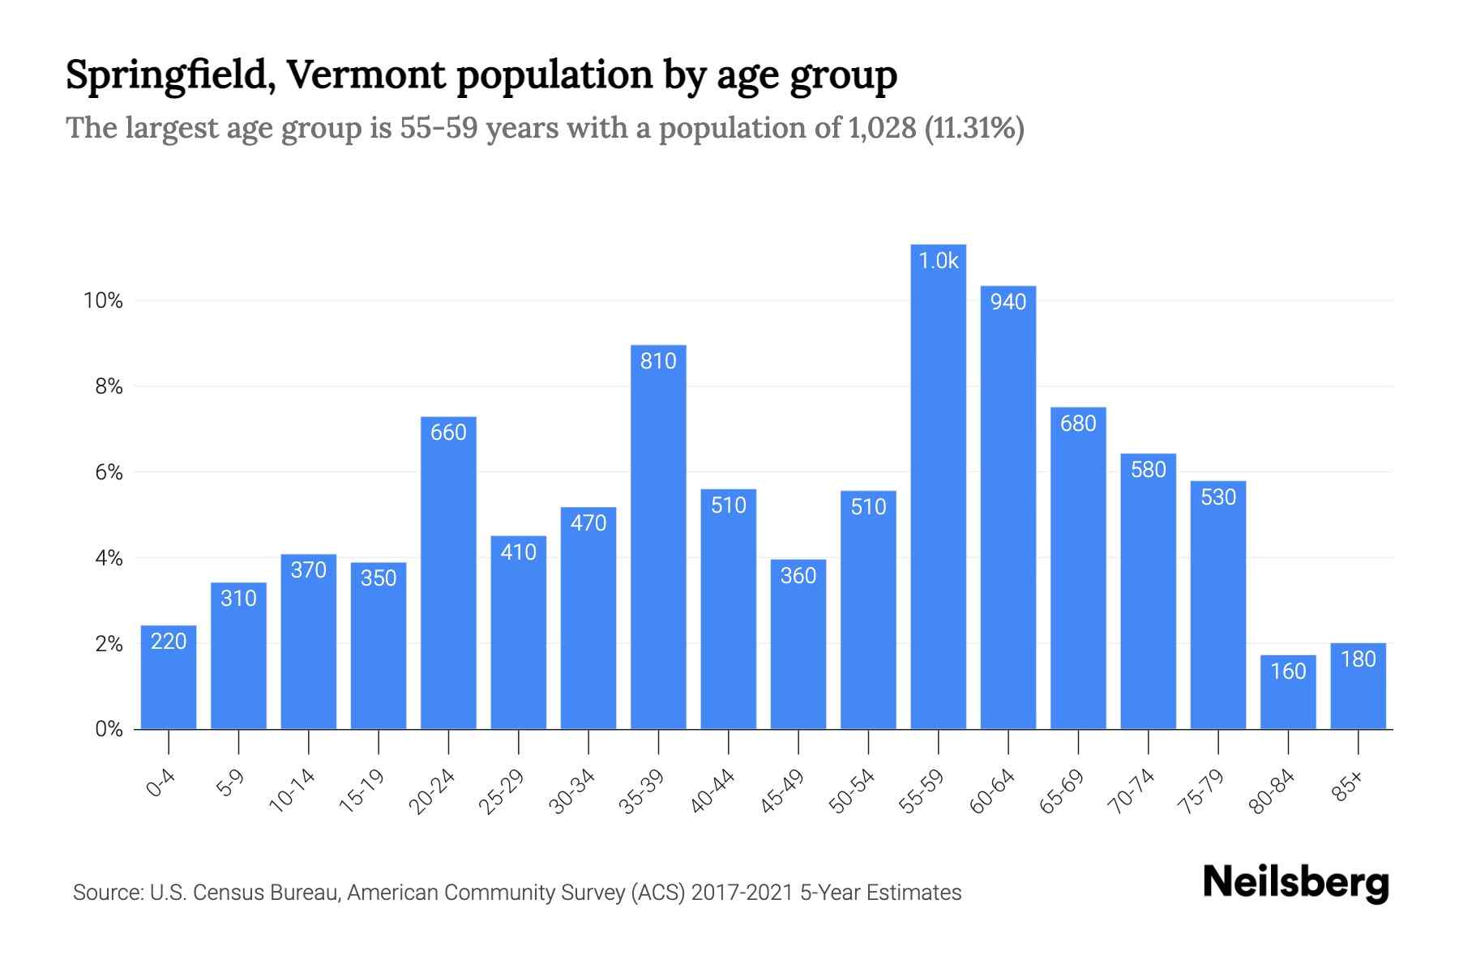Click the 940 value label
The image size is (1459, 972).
(x=1008, y=302)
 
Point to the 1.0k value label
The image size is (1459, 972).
(x=938, y=261)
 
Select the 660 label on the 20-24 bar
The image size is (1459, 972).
(x=448, y=433)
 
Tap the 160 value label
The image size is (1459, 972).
(x=1288, y=671)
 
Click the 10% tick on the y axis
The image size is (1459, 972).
(x=103, y=301)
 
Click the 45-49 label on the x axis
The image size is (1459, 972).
(x=782, y=791)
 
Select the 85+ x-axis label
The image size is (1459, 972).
(x=1348, y=787)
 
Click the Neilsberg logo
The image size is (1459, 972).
(x=1295, y=883)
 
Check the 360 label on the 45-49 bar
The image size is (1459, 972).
(x=798, y=576)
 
